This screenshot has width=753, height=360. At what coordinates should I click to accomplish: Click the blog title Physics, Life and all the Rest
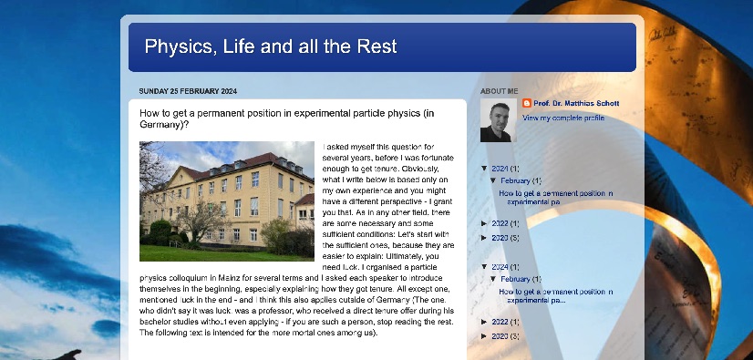coord(271,46)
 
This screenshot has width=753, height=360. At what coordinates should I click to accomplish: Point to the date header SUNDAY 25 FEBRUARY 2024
coord(188,91)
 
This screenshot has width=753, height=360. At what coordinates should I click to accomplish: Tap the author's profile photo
coord(499,120)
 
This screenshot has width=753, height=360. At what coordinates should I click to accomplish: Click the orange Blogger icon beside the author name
coord(527,103)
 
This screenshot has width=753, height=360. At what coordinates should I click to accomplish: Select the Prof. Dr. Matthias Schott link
coord(576,103)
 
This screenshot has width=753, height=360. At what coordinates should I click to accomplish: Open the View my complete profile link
coord(563,118)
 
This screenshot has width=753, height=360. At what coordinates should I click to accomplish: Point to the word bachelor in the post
coord(154,322)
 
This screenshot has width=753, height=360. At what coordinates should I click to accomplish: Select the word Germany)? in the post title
coord(164,124)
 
